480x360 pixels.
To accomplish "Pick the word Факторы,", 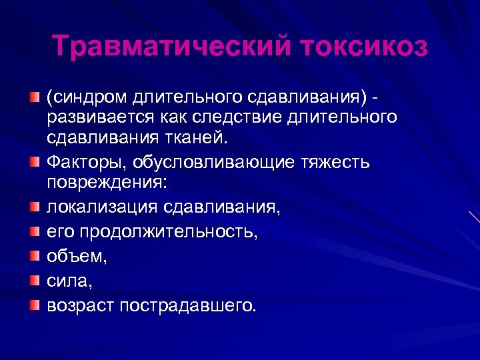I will pyautogui.click(x=85, y=162).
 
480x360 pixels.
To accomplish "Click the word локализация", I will pyautogui.click(x=100, y=207).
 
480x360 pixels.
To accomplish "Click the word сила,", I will pyautogui.click(x=69, y=281).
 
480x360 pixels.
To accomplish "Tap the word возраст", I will pyautogui.click(x=81, y=305).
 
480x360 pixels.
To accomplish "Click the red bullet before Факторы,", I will pyautogui.click(x=34, y=163).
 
